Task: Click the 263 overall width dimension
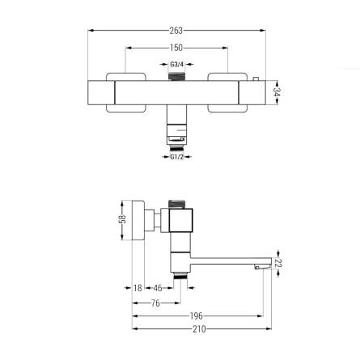pyautogui.click(x=176, y=31)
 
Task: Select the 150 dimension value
pyautogui.click(x=176, y=48)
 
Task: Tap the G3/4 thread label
pyautogui.click(x=176, y=65)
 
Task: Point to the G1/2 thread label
pyautogui.click(x=176, y=157)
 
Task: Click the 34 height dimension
pyautogui.click(x=277, y=92)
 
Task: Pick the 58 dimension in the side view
pyautogui.click(x=122, y=219)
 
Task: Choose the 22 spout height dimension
pyautogui.click(x=277, y=263)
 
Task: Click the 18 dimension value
pyautogui.click(x=138, y=288)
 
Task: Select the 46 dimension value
pyautogui.click(x=158, y=288)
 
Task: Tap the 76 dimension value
pyautogui.click(x=155, y=303)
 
